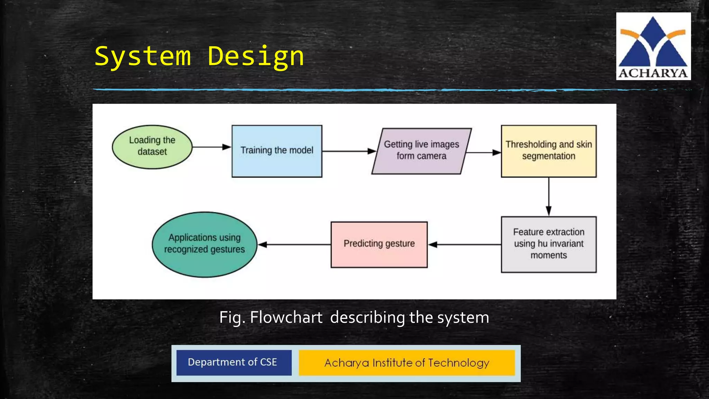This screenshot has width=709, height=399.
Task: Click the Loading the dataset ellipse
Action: [x=152, y=147]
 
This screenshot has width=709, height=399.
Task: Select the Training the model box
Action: [x=277, y=151]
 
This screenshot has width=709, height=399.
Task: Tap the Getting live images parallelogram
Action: [x=421, y=151]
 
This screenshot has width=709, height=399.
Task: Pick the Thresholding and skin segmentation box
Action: [x=548, y=151]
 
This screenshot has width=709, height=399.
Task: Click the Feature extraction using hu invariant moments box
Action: [x=548, y=244]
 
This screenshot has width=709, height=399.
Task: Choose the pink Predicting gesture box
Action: [x=379, y=244]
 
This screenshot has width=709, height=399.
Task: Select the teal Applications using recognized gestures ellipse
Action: [x=204, y=244]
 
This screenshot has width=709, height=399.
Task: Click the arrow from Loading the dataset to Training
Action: [x=211, y=147]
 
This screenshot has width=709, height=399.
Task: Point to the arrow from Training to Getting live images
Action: [x=348, y=151]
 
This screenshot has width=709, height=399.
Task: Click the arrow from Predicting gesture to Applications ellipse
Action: [x=294, y=245]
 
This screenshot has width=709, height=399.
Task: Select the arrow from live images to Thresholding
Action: [x=483, y=152]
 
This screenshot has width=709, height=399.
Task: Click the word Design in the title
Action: [x=255, y=56]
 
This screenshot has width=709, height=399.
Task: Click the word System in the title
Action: [x=143, y=56]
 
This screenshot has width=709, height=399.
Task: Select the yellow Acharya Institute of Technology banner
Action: [x=407, y=363]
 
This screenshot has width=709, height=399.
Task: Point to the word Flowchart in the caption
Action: [x=286, y=317]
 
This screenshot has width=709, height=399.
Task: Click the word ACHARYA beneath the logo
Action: [x=653, y=73]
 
